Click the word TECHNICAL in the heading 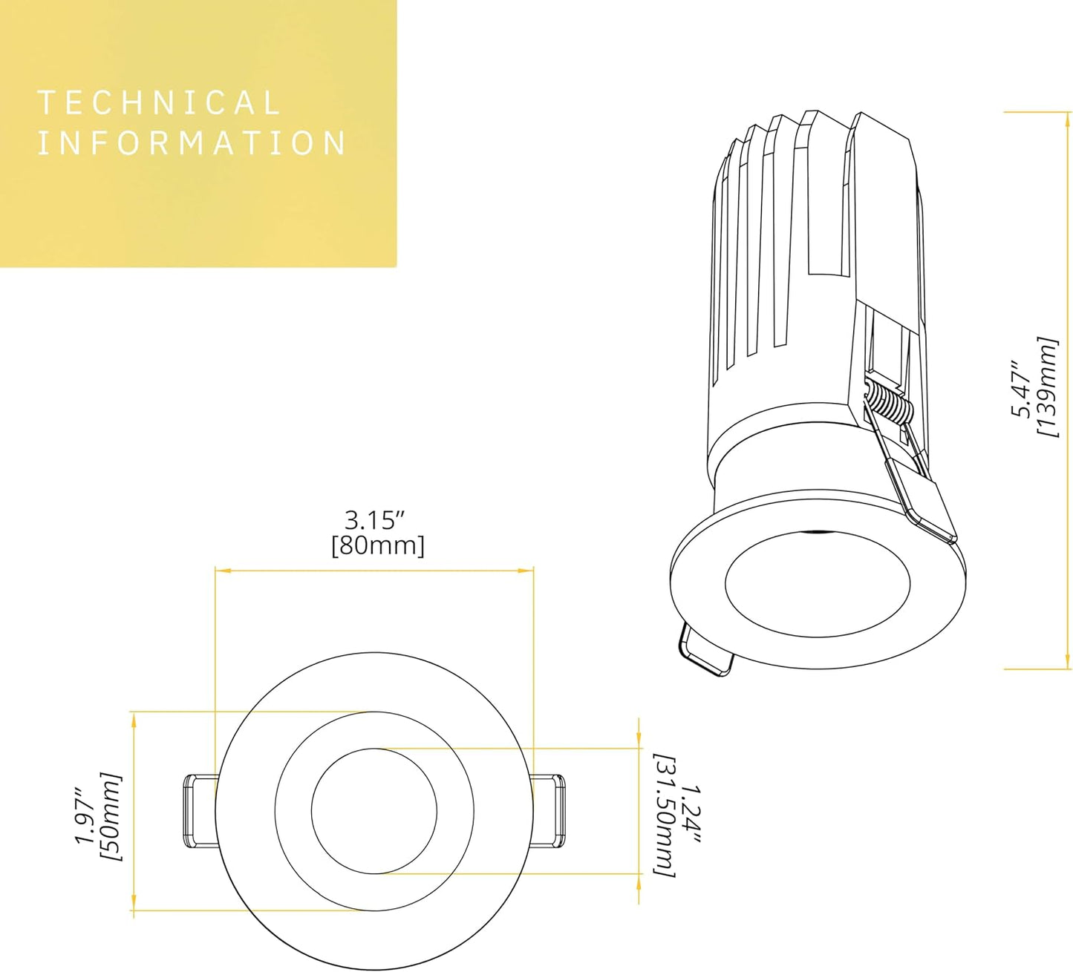click(158, 102)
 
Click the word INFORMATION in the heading click(192, 142)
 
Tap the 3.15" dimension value click(377, 519)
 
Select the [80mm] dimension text click(378, 546)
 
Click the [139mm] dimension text click(1047, 387)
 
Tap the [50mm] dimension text click(111, 817)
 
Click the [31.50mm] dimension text click(665, 815)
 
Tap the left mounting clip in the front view click(199, 811)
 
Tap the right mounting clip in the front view click(549, 811)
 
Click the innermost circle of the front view click(374, 811)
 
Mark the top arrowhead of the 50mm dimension click(134, 717)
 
